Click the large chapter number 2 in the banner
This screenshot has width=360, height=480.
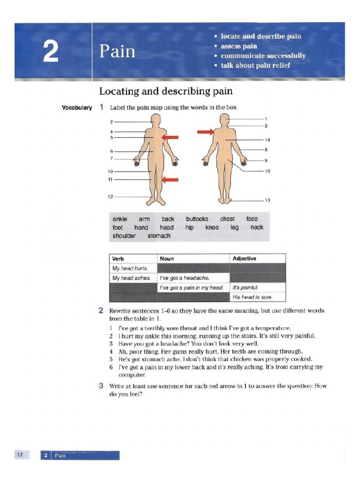point(51,52)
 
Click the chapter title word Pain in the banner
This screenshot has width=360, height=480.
point(117,51)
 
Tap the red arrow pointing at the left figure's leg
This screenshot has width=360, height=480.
point(172,179)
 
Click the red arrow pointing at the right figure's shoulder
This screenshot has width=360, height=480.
point(205,133)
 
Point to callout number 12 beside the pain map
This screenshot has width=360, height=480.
point(110,197)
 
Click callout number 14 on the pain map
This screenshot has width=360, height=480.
point(267,140)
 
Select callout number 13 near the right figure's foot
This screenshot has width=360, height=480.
point(267,201)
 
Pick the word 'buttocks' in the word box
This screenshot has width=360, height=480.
point(197,219)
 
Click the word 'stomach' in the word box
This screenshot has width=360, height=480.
point(159,236)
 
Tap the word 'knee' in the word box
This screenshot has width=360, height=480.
point(212,227)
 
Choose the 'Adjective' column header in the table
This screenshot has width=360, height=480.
point(245,258)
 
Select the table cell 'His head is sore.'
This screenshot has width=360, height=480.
point(252,297)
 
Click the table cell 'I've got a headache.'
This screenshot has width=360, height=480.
point(184,278)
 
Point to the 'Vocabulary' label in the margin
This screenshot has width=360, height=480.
point(77,108)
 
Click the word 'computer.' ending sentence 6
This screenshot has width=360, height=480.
point(132,375)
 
